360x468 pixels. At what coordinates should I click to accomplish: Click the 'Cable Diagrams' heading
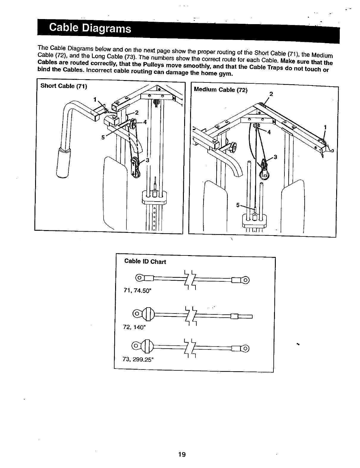[x=90, y=29]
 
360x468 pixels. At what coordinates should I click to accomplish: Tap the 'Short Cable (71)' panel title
[x=64, y=86]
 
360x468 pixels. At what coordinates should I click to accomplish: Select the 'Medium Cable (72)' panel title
[x=220, y=90]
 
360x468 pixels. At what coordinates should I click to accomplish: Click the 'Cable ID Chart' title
[x=145, y=261]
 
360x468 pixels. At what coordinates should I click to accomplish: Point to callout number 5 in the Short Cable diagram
[x=103, y=137]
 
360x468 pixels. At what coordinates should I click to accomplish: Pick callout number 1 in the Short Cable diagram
[x=95, y=99]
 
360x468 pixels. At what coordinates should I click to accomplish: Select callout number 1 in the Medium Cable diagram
[x=325, y=127]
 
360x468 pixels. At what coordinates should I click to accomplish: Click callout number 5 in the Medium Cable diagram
[x=238, y=205]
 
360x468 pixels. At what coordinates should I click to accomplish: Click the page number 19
[x=182, y=454]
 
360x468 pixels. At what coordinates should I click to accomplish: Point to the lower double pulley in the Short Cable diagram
[x=136, y=168]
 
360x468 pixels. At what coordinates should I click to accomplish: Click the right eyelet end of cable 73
[x=245, y=348]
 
